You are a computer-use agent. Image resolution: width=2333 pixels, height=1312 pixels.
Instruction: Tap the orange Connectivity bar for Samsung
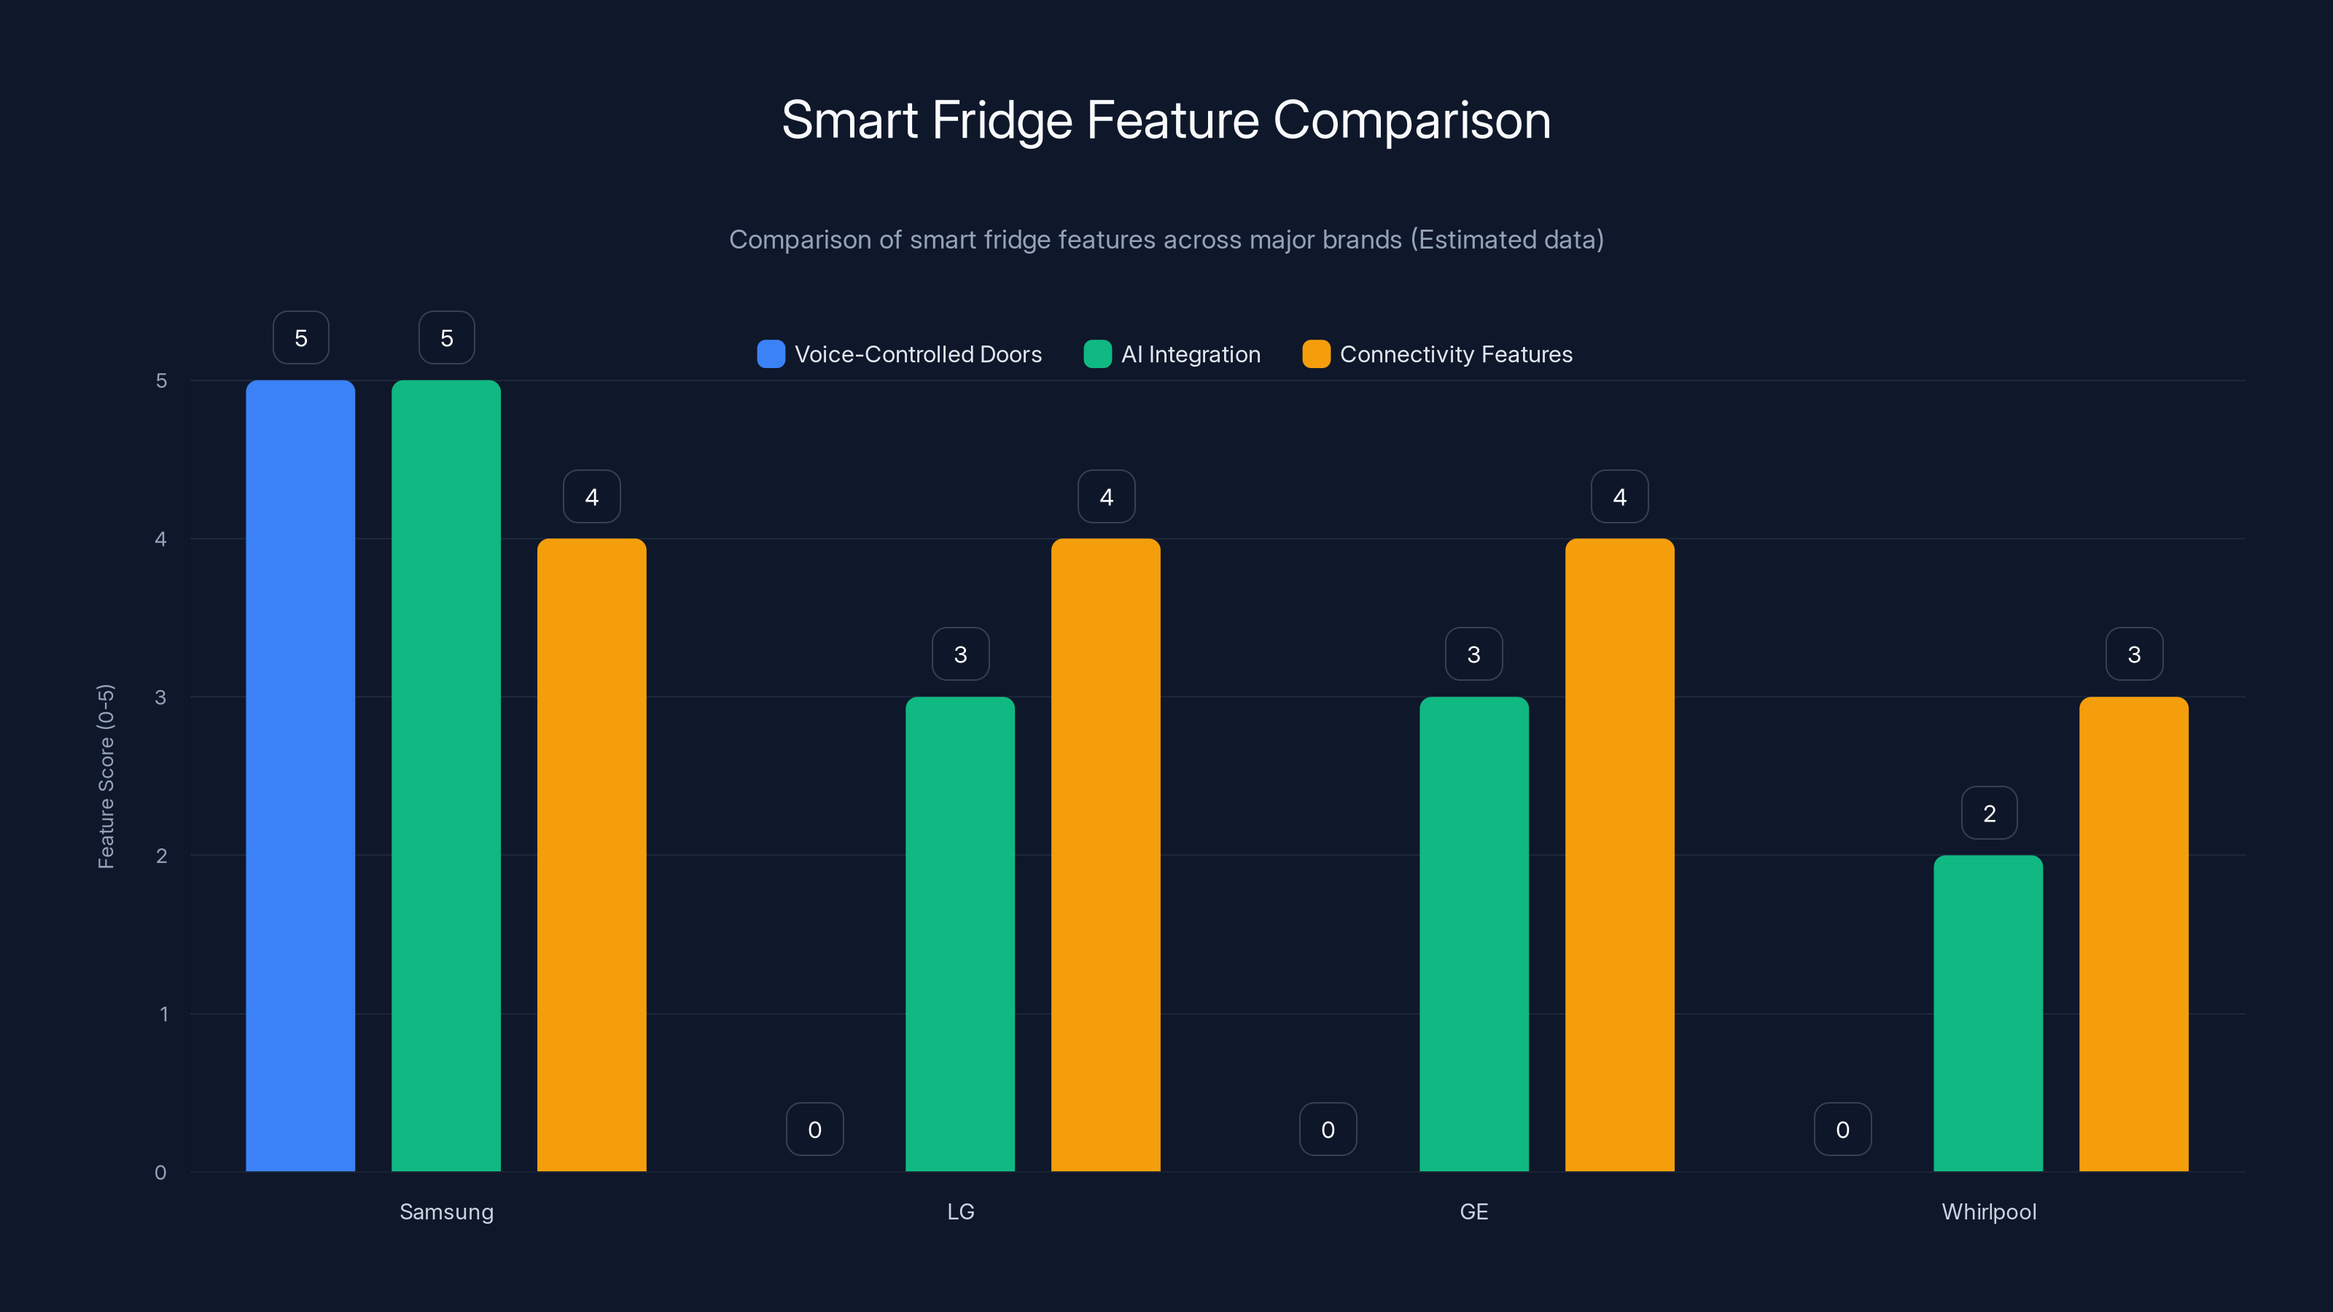(591, 855)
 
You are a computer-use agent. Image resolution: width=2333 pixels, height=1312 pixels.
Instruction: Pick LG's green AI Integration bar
(960, 934)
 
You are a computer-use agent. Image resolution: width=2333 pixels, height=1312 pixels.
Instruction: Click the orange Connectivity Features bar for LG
(1106, 855)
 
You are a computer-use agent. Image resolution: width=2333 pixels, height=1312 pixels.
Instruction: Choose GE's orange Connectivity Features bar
(1619, 855)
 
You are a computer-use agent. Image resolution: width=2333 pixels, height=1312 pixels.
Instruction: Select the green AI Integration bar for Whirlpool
(1988, 1013)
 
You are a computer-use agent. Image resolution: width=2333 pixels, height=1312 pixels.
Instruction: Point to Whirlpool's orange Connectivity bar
(2134, 934)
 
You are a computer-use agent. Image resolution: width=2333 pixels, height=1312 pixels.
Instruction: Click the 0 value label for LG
(815, 1129)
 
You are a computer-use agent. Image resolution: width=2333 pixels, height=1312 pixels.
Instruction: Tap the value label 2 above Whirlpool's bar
(1989, 813)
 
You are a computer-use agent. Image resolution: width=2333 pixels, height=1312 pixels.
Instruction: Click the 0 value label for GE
(1328, 1129)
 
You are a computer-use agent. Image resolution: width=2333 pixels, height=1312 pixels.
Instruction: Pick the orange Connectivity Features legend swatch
(1316, 354)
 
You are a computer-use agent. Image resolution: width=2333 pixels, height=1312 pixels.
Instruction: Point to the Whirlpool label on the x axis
(1989, 1211)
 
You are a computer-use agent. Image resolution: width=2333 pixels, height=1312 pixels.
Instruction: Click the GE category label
(1473, 1211)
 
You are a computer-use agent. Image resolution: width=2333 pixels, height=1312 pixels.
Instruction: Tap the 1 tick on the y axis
(164, 1014)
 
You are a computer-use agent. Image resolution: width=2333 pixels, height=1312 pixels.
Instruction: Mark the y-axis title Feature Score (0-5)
(106, 776)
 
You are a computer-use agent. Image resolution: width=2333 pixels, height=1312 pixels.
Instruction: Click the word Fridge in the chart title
(1002, 120)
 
